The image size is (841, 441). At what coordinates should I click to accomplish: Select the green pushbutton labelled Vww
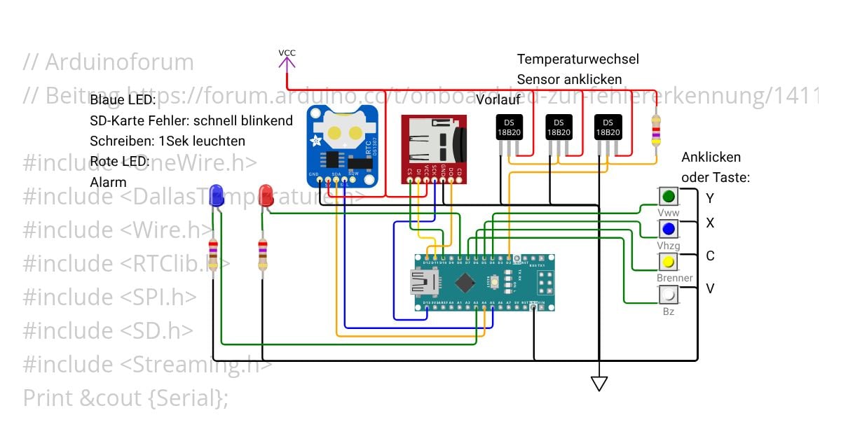(x=669, y=196)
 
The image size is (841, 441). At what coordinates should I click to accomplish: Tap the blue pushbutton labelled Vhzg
(x=669, y=228)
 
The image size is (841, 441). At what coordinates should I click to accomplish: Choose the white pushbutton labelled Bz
(x=669, y=295)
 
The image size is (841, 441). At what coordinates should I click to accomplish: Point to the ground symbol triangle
(x=599, y=383)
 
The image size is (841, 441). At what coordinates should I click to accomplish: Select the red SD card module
(x=432, y=149)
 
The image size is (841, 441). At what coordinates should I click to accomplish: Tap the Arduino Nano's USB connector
(x=423, y=283)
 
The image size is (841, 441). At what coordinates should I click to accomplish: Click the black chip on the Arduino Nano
(x=465, y=283)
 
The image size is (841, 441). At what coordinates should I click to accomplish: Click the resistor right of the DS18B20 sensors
(x=656, y=132)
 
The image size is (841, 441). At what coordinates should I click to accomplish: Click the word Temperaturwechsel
(x=577, y=59)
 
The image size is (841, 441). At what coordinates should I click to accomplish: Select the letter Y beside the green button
(x=710, y=198)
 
